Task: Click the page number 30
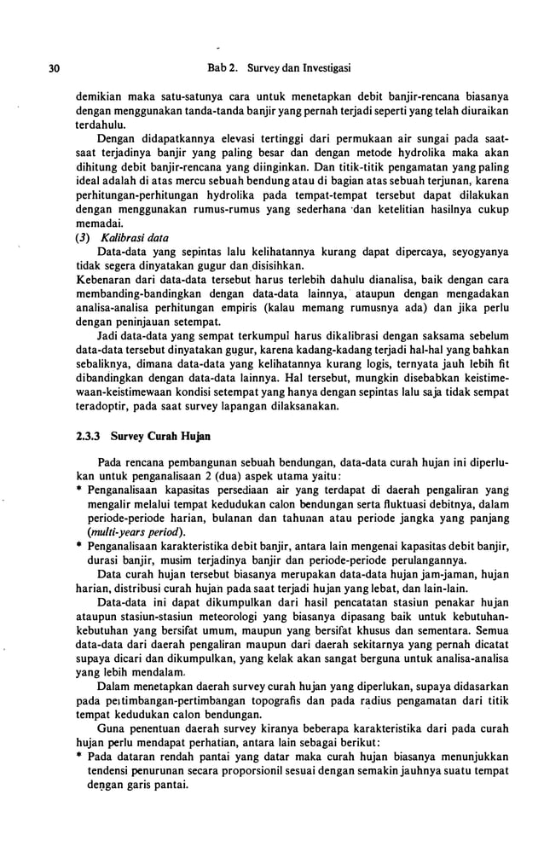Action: point(31,67)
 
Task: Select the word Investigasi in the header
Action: point(325,67)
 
